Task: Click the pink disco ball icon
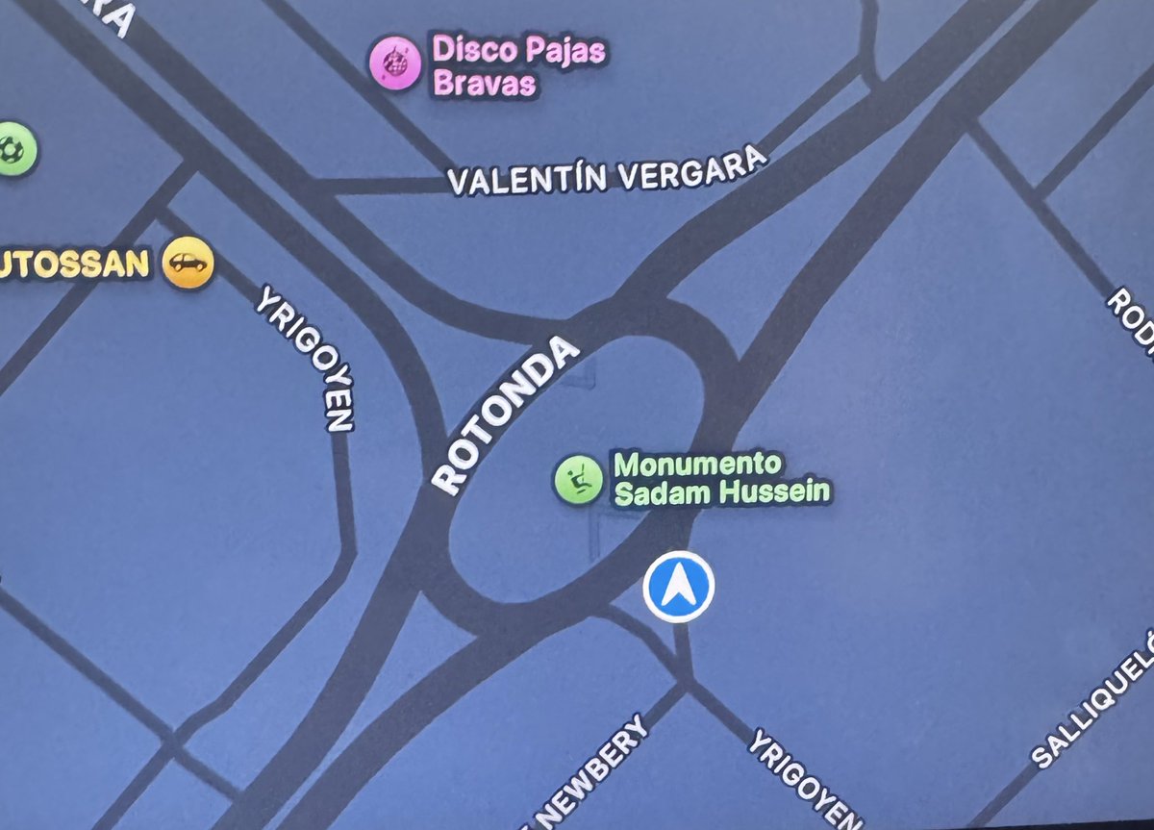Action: [x=394, y=63]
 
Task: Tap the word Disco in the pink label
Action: [x=467, y=50]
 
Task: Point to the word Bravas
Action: [x=485, y=84]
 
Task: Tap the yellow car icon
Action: [x=188, y=262]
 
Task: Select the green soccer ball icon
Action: [x=14, y=149]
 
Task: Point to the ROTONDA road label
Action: [x=506, y=416]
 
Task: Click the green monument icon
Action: [x=578, y=478]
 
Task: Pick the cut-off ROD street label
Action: [x=1135, y=322]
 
